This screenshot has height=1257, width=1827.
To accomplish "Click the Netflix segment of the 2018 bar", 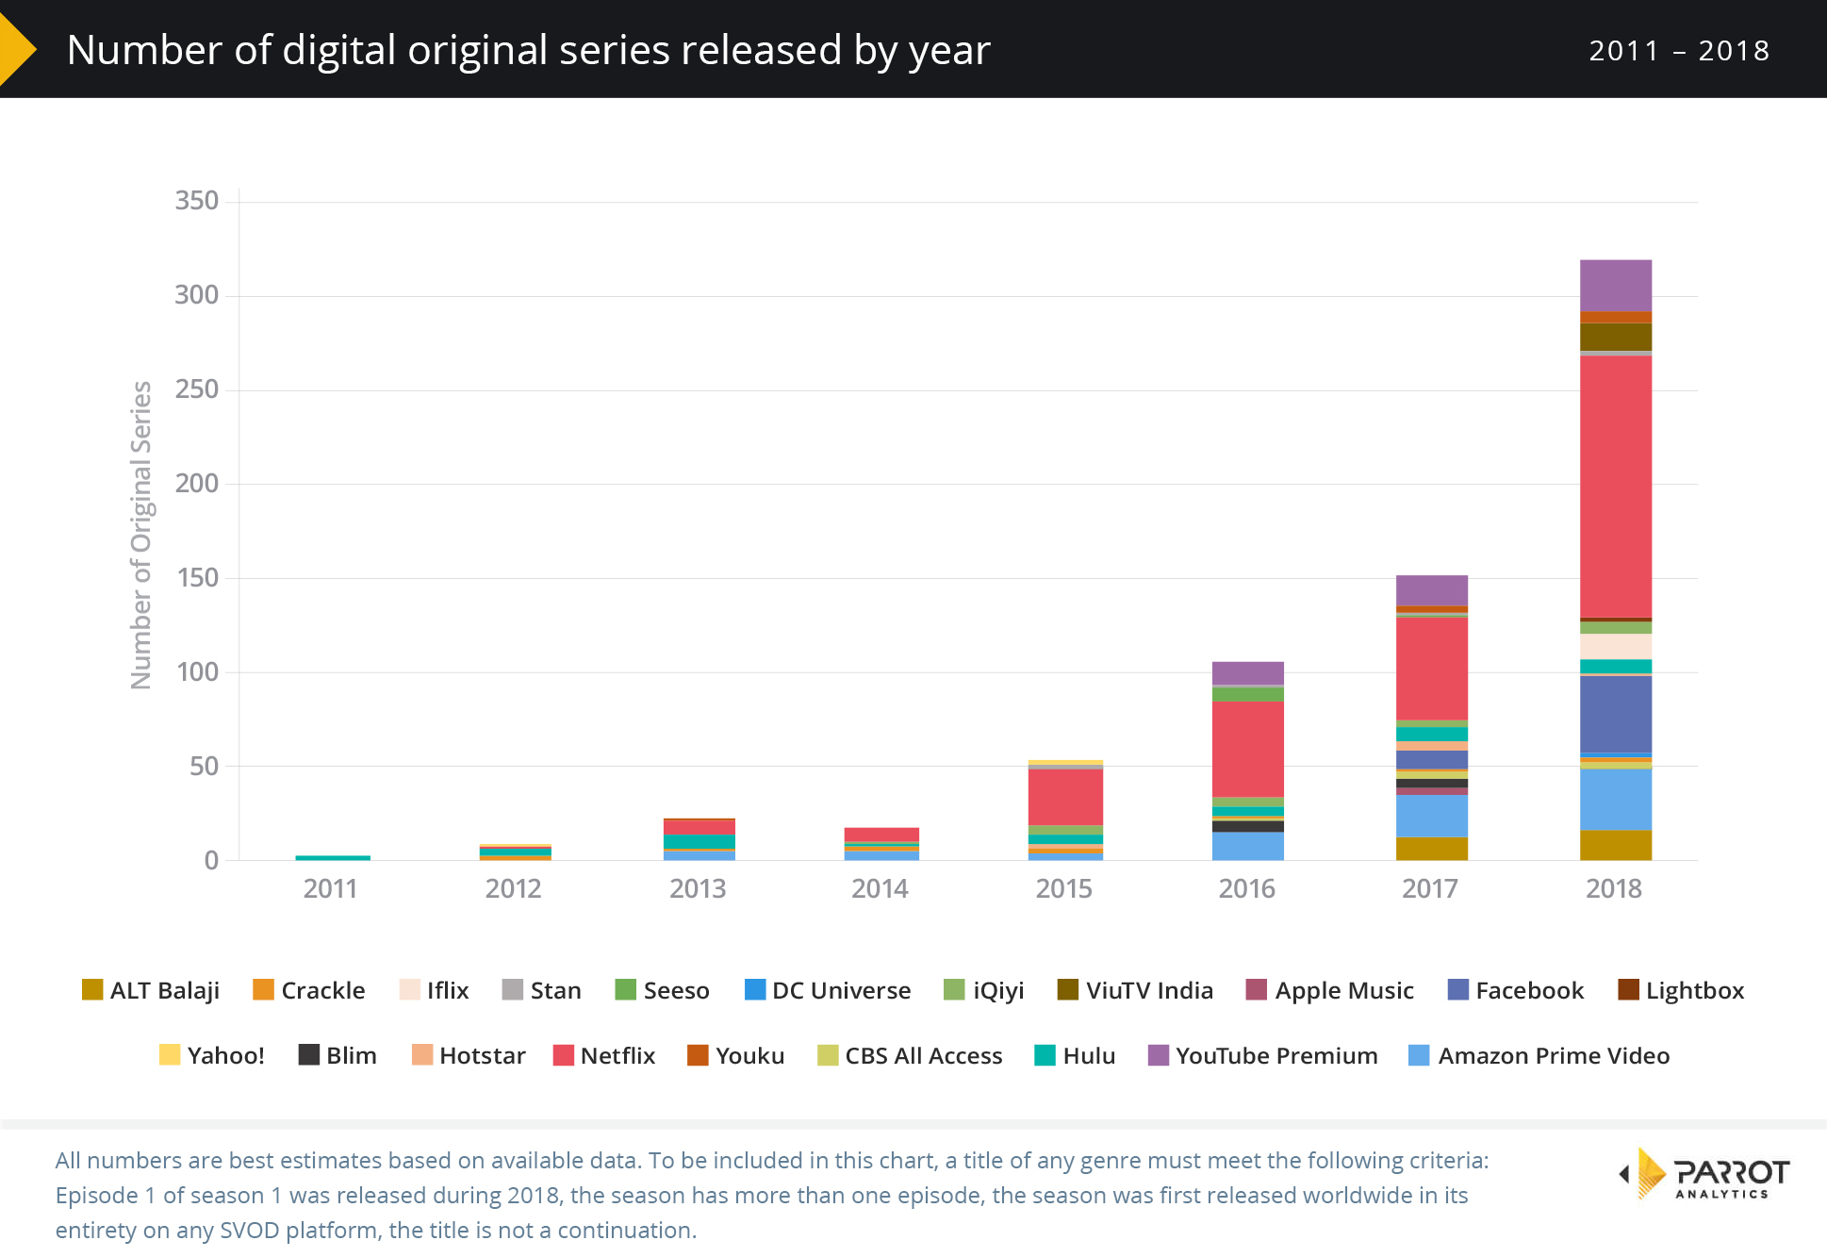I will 1615,486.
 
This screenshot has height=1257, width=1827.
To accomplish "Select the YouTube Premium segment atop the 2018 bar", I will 1615,285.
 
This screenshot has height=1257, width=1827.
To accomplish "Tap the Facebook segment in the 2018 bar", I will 1615,714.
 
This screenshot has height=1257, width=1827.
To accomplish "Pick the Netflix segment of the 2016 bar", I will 1247,749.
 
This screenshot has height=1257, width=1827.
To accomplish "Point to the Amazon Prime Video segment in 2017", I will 1431,816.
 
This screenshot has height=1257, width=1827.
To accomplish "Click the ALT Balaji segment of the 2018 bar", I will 1615,845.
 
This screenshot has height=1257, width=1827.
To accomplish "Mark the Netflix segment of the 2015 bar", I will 1064,797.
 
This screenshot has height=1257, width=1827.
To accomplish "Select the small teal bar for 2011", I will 332,857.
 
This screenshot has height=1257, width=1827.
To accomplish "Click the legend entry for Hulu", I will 1075,1055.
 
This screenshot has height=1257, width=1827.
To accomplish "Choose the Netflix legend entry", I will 603,1055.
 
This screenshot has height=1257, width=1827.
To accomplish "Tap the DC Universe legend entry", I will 827,990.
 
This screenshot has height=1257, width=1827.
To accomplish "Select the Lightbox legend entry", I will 1681,990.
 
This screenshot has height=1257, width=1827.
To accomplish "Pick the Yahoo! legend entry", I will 212,1055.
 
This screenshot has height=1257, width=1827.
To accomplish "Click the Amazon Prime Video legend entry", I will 1539,1055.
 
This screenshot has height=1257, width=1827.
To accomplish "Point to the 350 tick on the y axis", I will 196,201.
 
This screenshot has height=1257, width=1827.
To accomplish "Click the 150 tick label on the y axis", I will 196,578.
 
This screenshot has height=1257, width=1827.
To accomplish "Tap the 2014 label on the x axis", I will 880,888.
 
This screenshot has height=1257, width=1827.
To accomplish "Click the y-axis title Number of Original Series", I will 141,535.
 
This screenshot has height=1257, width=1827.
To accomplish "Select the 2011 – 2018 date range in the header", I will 1678,50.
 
